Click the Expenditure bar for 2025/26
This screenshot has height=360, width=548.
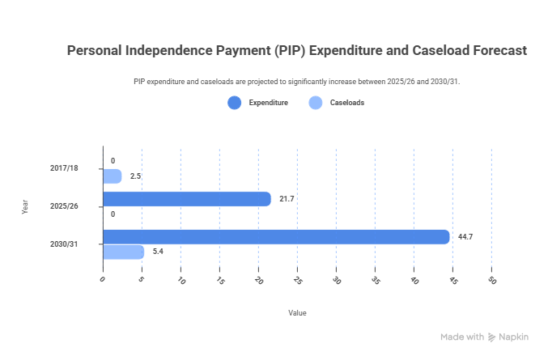[x=186, y=199]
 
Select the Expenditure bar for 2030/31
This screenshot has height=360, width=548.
[x=275, y=237]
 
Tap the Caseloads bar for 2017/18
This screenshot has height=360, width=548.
[x=112, y=176]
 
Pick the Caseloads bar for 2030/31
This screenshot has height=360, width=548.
[x=123, y=252]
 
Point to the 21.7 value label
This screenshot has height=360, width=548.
[x=287, y=199]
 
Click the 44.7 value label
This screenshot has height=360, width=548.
[x=465, y=237]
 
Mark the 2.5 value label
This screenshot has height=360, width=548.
[x=135, y=176]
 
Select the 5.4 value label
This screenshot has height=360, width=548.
[x=158, y=252]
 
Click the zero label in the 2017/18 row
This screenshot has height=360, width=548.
[x=113, y=161]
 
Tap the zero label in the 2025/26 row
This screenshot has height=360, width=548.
[x=113, y=214]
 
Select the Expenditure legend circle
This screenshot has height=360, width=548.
[x=235, y=103]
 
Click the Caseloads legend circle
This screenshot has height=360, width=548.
[x=316, y=103]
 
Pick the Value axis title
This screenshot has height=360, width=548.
[x=297, y=312]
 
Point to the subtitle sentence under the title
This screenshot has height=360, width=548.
[x=297, y=82]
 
